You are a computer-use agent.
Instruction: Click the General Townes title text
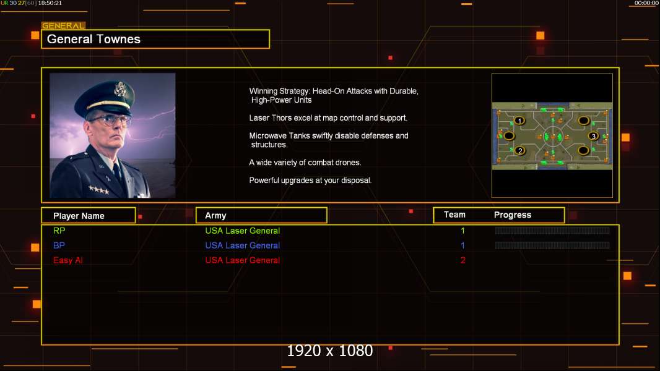pyautogui.click(x=93, y=39)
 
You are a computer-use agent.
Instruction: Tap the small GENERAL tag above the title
pyautogui.click(x=63, y=25)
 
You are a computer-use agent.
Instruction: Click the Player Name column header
pyautogui.click(x=79, y=216)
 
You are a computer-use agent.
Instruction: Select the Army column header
pyautogui.click(x=215, y=216)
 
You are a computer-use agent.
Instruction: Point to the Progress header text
pyautogui.click(x=513, y=215)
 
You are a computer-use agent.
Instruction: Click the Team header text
pyautogui.click(x=454, y=215)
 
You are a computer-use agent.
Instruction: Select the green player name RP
pyautogui.click(x=59, y=231)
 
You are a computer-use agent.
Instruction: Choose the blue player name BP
pyautogui.click(x=59, y=245)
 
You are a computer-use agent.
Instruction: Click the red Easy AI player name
pyautogui.click(x=67, y=260)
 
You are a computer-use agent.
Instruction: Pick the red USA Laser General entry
pyautogui.click(x=243, y=260)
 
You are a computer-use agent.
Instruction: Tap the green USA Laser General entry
pyautogui.click(x=243, y=231)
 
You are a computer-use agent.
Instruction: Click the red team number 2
pyautogui.click(x=463, y=260)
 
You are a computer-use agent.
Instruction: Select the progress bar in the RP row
pyautogui.click(x=552, y=230)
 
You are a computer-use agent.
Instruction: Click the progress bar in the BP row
pyautogui.click(x=552, y=245)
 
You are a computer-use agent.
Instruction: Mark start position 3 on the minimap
pyautogui.click(x=594, y=136)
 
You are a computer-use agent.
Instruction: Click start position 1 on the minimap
pyautogui.click(x=520, y=121)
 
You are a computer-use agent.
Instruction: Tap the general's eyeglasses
pyautogui.click(x=110, y=121)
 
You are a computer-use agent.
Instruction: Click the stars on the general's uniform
pyautogui.click(x=99, y=190)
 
